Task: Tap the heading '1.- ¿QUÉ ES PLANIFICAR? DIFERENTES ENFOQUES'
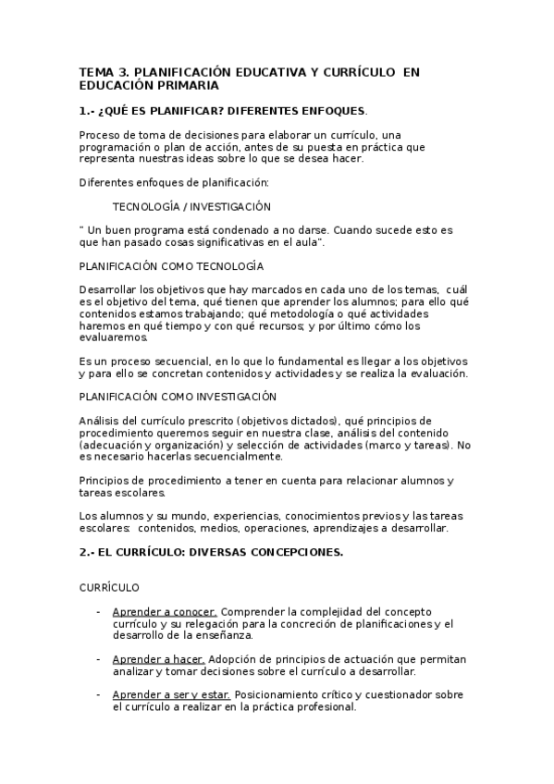pos(222,110)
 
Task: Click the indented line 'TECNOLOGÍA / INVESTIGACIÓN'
pos(191,206)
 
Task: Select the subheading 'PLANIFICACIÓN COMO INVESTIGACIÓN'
pos(178,397)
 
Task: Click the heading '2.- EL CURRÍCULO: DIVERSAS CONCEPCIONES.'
pos(211,553)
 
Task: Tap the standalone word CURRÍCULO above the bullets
pos(109,587)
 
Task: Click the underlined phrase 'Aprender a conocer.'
pos(165,612)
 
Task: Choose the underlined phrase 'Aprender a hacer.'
pos(158,658)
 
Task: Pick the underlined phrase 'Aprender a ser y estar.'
pos(172,694)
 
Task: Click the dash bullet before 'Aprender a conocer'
pos(98,612)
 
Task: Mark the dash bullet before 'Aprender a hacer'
pos(98,658)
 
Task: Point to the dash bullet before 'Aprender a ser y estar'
pos(98,694)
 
